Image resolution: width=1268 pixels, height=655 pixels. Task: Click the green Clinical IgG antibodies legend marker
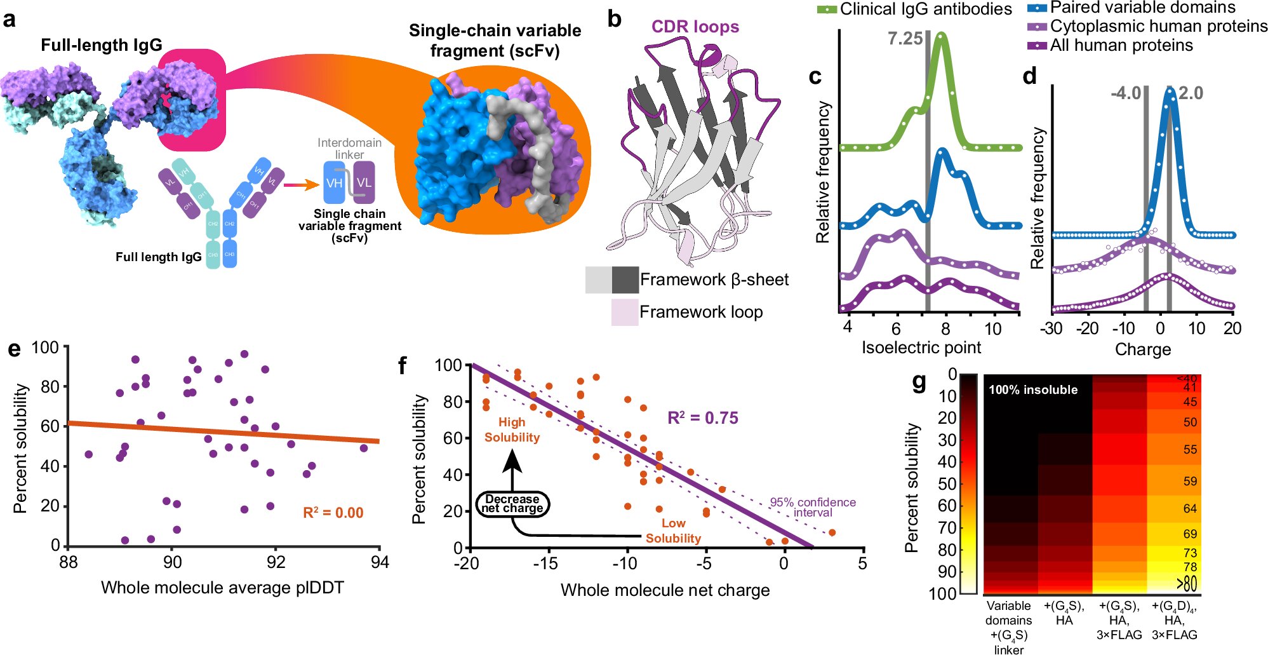click(x=827, y=10)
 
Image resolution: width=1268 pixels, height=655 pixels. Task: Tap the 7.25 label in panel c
click(x=905, y=39)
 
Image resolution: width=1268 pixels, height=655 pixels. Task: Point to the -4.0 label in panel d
click(x=1126, y=93)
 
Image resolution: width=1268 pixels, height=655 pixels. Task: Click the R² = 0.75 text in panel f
click(x=702, y=418)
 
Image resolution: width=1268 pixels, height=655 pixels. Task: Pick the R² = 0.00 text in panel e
click(x=333, y=513)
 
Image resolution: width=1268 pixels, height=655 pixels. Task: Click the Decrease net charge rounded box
click(x=512, y=504)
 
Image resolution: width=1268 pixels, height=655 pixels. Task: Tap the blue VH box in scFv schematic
click(x=335, y=183)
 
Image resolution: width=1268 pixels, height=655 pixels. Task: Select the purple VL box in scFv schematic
click(x=364, y=183)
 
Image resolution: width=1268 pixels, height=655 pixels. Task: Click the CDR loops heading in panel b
click(x=695, y=27)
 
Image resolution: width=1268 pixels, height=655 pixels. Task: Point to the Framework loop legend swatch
click(x=624, y=312)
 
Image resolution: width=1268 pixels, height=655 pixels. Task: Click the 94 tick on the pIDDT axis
click(x=380, y=562)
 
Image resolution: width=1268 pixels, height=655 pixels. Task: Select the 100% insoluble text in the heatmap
click(x=1033, y=390)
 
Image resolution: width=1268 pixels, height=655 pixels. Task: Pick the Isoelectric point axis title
click(x=921, y=348)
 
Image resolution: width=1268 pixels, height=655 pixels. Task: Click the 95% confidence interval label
click(x=813, y=507)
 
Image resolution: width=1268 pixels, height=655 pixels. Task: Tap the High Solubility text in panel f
click(x=512, y=429)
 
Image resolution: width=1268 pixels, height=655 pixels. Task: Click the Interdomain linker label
click(x=349, y=149)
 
